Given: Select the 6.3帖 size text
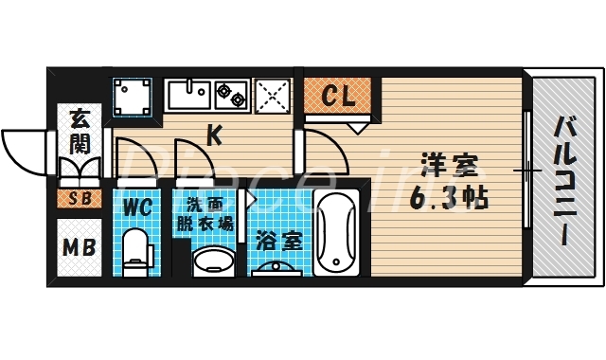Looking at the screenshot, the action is [449, 200].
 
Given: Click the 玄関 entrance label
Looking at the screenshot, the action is [80, 133].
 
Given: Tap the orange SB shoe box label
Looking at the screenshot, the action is [79, 199].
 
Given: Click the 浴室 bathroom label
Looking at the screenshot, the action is [278, 240].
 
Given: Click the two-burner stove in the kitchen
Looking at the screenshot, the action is [231, 94].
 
